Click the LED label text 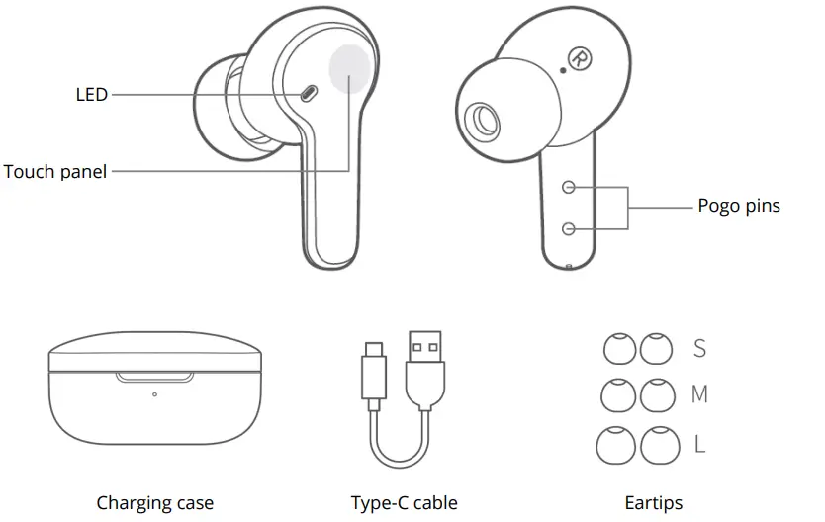pos(91,95)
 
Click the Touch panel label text pos(54,171)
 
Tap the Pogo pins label pos(738,206)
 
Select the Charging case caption pos(154,503)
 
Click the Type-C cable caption pos(404,503)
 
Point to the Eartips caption pos(653,503)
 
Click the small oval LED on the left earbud pos(308,94)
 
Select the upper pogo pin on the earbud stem pos(569,187)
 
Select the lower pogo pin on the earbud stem pos(569,228)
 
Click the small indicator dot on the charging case pos(154,394)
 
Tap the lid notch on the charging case pos(154,377)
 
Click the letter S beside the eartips pos(700,348)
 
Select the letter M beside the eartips pos(700,394)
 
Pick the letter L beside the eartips pos(700,444)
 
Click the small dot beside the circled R pos(563,70)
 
